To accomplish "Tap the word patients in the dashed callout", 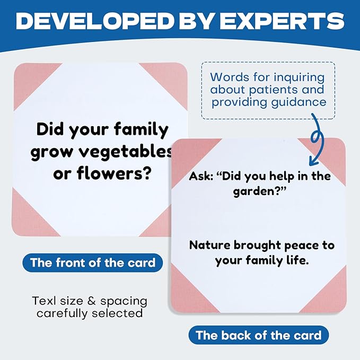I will click(x=277, y=90).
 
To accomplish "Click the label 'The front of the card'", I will click(x=93, y=262).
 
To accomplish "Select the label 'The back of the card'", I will click(x=259, y=335).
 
